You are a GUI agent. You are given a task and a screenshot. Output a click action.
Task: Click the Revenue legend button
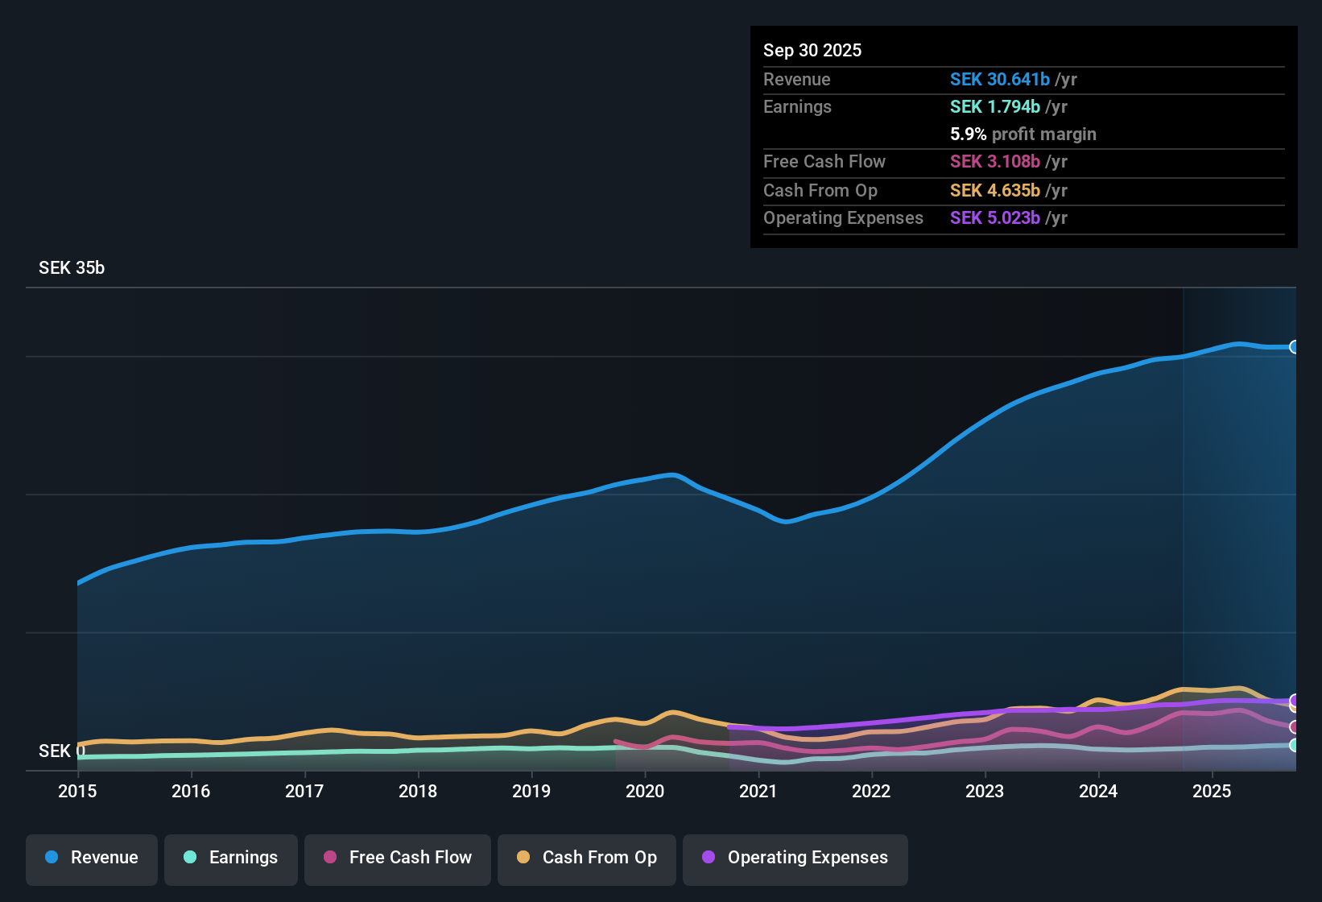point(92,858)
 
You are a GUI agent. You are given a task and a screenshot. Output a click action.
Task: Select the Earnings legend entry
point(231,858)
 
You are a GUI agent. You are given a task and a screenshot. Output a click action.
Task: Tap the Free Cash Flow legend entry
point(398,858)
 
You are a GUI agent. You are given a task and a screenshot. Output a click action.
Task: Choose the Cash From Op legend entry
point(587,858)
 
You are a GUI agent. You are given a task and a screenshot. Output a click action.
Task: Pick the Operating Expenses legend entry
point(795,858)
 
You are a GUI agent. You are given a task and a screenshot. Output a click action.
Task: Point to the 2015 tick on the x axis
point(77,791)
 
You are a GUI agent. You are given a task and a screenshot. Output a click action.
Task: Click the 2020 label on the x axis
point(645,791)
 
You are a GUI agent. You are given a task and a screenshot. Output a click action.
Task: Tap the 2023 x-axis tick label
point(985,791)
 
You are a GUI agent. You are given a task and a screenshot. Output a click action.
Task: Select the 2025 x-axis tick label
point(1212,791)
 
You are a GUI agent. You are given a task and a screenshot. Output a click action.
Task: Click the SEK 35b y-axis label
point(72,268)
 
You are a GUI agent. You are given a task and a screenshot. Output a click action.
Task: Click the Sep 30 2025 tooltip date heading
point(812,50)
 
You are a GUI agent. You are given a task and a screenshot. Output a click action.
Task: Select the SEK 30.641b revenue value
point(999,79)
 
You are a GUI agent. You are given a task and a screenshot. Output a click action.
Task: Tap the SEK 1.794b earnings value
point(994,106)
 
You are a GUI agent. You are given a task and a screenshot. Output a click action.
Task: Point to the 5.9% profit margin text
point(1022,134)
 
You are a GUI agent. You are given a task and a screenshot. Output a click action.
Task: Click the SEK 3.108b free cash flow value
point(994,161)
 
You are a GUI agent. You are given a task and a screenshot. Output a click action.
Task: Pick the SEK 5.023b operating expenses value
point(994,217)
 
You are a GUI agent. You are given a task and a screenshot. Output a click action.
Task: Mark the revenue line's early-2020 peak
point(672,474)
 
